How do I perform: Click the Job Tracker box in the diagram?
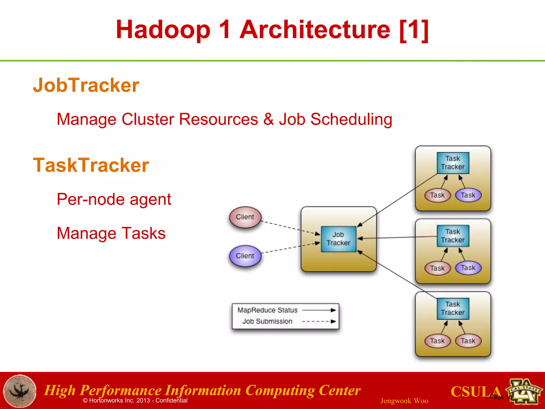[338, 239]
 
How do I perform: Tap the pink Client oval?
[245, 217]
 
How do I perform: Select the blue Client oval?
[245, 256]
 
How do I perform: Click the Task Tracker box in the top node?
[453, 163]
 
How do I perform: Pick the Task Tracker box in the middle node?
[453, 236]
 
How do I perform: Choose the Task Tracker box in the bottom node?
[453, 308]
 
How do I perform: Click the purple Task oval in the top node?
[468, 195]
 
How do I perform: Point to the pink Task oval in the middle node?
[437, 268]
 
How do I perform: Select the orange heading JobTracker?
[86, 85]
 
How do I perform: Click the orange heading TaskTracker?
[91, 165]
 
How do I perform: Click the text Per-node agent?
[114, 199]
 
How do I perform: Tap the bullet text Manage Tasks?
[111, 233]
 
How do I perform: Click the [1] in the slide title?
[414, 30]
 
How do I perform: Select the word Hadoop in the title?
[163, 30]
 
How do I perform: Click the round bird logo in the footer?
[20, 391]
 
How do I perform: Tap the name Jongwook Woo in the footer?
[404, 401]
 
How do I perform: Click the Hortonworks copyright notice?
[135, 400]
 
